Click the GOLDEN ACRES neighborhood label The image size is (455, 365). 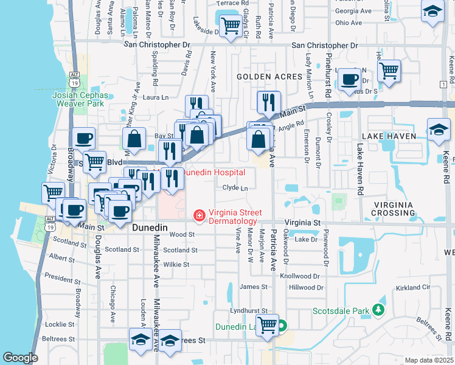(x=269, y=77)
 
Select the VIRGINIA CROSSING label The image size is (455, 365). (x=395, y=209)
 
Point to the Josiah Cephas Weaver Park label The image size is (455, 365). (x=80, y=99)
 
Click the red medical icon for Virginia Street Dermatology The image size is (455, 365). (x=198, y=215)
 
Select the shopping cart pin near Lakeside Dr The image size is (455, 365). (x=231, y=26)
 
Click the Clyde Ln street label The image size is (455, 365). (x=235, y=189)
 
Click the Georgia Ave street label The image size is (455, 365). (x=353, y=11)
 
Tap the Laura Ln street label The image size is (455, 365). (x=155, y=97)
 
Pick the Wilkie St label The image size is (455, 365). (x=176, y=265)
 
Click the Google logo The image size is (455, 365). (x=20, y=358)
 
